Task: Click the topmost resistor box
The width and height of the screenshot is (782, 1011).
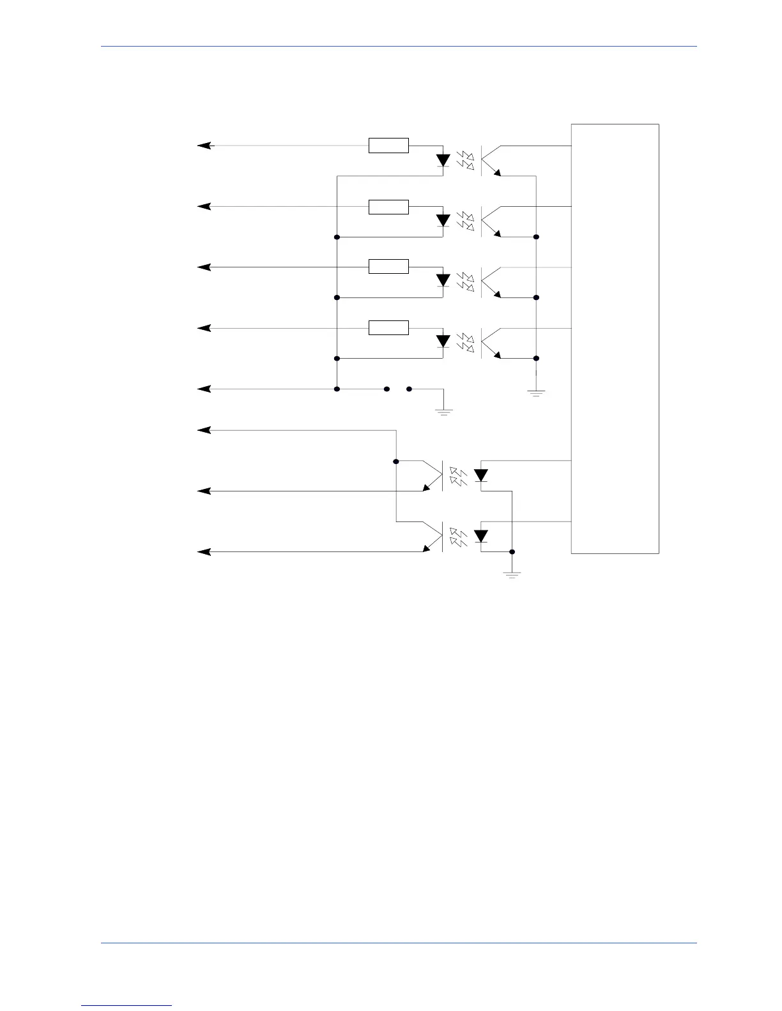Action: coord(388,146)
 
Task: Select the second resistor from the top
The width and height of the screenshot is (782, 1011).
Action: coord(388,207)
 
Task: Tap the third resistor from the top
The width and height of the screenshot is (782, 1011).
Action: coord(388,267)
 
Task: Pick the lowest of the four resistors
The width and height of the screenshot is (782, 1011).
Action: coord(388,328)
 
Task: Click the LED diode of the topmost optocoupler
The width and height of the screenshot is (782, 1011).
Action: coord(443,161)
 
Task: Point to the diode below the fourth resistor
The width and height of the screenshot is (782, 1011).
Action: coord(443,341)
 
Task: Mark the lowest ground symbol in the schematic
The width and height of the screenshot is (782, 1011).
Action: coord(512,575)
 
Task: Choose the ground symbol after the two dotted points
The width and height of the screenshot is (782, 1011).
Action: coord(443,412)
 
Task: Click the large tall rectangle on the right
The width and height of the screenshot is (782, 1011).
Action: coord(615,338)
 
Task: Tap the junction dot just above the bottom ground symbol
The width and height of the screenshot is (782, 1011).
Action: coord(512,551)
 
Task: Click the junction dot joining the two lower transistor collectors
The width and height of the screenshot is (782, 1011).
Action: coord(396,461)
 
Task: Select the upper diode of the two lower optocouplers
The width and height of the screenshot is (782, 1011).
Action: coord(481,476)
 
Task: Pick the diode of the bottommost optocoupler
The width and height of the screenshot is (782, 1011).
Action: coord(481,536)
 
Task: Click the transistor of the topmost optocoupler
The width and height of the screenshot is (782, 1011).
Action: coord(489,160)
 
